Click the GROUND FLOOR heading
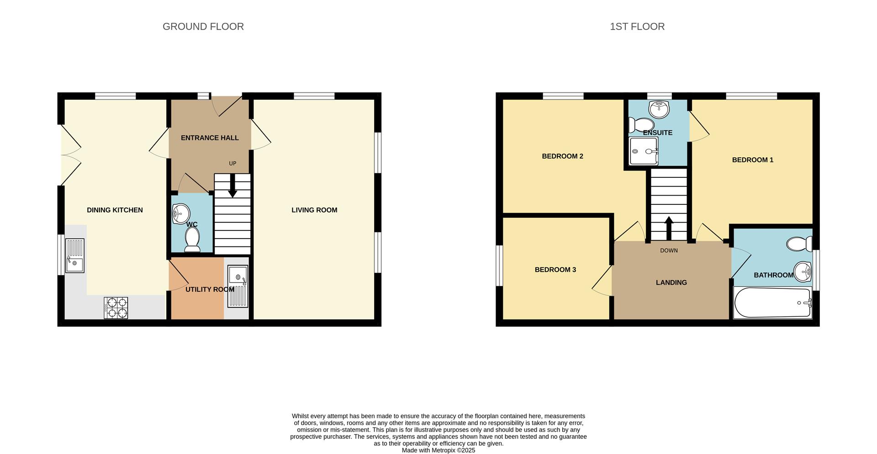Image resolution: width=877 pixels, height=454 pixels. tap(203, 27)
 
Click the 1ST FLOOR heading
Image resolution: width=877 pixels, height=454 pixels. tap(637, 27)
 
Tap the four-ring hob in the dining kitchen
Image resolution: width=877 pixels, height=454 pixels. tap(116, 308)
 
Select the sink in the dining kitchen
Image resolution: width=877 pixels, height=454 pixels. tap(75, 256)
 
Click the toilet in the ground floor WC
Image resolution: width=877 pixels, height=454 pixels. tap(192, 240)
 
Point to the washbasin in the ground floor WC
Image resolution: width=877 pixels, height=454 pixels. tap(180, 213)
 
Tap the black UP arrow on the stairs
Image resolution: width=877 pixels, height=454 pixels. tap(232, 187)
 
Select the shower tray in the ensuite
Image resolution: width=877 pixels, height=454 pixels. tap(644, 151)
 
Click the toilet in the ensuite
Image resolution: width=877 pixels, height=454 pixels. tap(641, 124)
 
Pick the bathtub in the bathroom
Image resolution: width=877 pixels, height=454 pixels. tap(772, 302)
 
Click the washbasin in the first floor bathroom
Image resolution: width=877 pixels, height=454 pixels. tap(803, 272)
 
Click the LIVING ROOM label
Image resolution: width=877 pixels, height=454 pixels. tap(314, 210)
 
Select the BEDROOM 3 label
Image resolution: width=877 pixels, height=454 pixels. tap(555, 270)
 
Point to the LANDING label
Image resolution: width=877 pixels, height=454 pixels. tap(671, 283)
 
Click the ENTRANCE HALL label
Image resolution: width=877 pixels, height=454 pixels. tap(210, 138)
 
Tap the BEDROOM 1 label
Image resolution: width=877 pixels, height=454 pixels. tap(752, 160)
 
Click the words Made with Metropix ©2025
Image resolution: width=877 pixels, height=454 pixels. tap(438, 450)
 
